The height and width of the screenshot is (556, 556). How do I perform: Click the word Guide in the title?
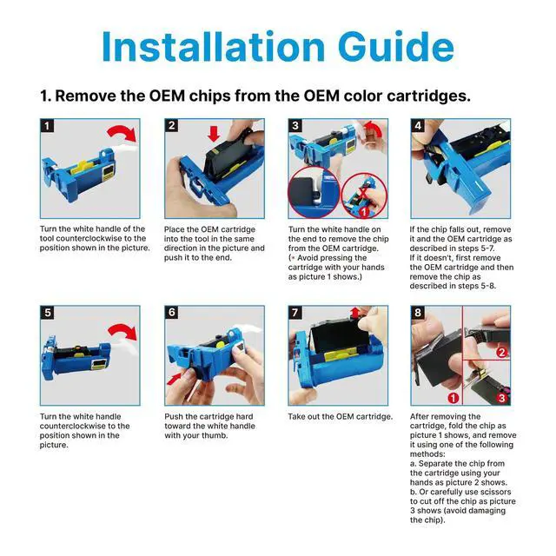(396, 46)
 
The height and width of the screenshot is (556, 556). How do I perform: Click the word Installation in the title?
(213, 46)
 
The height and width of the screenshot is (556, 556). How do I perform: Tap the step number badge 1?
(48, 126)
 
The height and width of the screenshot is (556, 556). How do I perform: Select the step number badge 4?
(418, 126)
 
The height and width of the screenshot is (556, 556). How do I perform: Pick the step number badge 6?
(172, 313)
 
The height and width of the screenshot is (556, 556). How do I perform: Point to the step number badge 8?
(418, 313)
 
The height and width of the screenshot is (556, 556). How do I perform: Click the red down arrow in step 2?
(214, 134)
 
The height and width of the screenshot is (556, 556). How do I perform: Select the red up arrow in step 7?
(355, 313)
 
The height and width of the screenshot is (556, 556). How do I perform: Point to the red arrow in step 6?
(175, 379)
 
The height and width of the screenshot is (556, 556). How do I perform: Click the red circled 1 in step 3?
(364, 212)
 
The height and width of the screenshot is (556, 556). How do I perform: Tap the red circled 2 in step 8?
(502, 352)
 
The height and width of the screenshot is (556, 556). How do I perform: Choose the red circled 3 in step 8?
(502, 398)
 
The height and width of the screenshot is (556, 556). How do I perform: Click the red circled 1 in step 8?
(453, 398)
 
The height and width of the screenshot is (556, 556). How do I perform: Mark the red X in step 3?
(363, 193)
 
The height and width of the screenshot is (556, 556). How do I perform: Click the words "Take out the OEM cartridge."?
(341, 417)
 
